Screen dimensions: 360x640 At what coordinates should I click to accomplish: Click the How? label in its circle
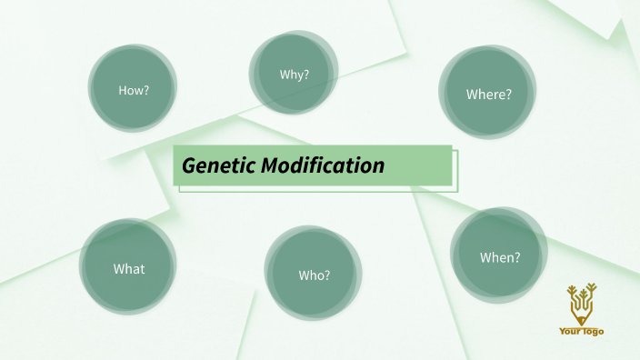[134, 90]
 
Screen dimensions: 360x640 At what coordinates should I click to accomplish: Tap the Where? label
[489, 94]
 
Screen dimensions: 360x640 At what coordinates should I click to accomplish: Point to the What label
[128, 269]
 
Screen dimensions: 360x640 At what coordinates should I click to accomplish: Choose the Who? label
[314, 275]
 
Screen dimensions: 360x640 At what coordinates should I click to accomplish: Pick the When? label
[500, 257]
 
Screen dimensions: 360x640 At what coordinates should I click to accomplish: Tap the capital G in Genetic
[188, 166]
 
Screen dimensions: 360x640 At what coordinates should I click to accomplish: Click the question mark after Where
[509, 94]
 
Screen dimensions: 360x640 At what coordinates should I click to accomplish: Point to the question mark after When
[517, 257]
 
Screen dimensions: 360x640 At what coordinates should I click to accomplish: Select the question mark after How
[145, 90]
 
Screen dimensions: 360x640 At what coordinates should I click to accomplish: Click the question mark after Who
[327, 275]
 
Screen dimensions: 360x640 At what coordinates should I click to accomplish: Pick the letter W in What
[118, 269]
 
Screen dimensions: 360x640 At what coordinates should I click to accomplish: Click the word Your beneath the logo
[570, 332]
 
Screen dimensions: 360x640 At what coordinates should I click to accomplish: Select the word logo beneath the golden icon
[593, 332]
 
